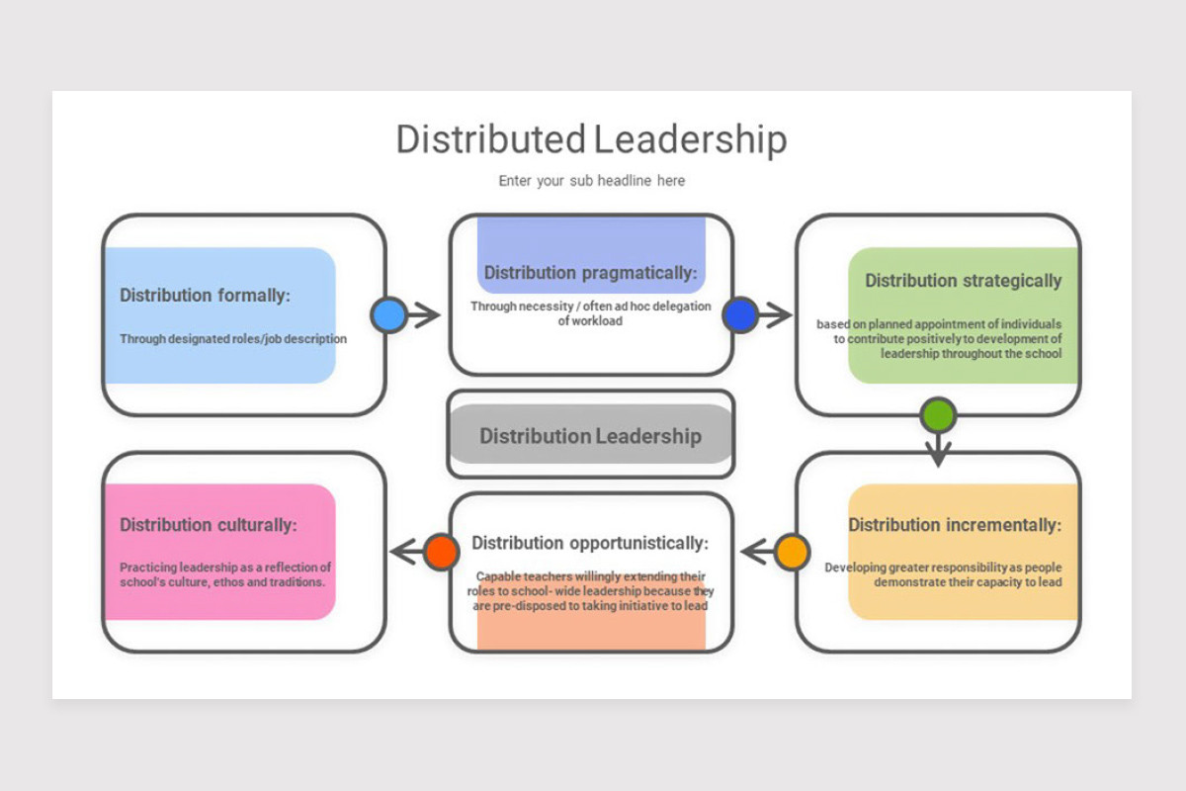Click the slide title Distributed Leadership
(x=591, y=139)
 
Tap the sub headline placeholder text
(x=591, y=181)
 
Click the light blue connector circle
(x=388, y=315)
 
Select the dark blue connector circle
(x=740, y=315)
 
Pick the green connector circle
(x=937, y=415)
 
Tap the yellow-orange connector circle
(x=792, y=552)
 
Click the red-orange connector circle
(x=441, y=552)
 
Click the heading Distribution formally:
(x=206, y=295)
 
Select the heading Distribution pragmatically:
(x=590, y=273)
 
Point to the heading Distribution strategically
(x=964, y=281)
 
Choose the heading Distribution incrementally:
(x=955, y=525)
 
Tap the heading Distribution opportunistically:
(x=590, y=543)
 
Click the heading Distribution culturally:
(x=208, y=525)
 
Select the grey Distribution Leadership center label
(x=590, y=436)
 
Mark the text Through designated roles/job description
(x=233, y=339)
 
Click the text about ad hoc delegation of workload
(x=590, y=313)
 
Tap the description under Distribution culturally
(x=225, y=574)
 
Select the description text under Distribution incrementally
(x=944, y=574)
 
